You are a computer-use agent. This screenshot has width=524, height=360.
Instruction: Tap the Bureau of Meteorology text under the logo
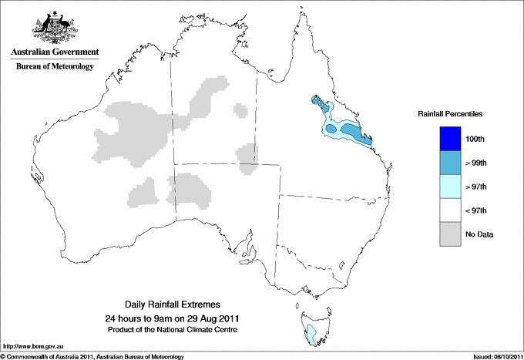click(x=55, y=67)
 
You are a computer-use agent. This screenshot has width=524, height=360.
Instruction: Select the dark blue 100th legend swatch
click(x=449, y=139)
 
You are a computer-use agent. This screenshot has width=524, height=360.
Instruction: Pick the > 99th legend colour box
click(x=449, y=163)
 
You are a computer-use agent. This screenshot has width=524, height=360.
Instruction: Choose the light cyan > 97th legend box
click(x=449, y=187)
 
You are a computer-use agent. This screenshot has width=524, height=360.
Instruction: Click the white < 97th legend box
click(x=449, y=210)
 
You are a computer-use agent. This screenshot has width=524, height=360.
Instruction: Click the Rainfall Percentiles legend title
click(x=450, y=113)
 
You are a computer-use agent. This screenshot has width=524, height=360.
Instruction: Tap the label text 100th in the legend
click(x=475, y=140)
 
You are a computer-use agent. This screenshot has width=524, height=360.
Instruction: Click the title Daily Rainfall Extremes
click(x=173, y=305)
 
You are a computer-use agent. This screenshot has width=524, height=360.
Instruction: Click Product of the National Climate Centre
click(x=173, y=330)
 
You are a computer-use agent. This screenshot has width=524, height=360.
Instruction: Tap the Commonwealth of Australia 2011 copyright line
click(x=92, y=355)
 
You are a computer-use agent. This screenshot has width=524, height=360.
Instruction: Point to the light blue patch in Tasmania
click(x=311, y=333)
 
